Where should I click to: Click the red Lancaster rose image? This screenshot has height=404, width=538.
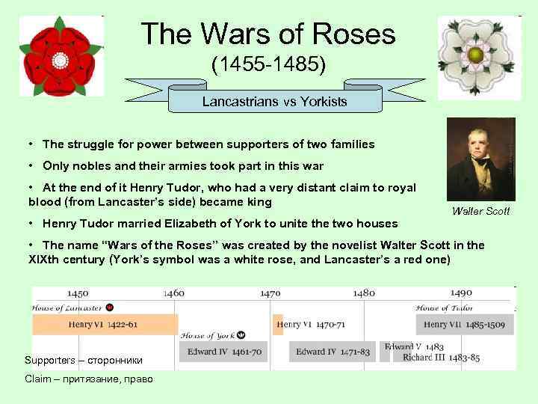click(x=60, y=58)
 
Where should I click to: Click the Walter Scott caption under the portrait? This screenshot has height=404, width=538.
click(x=480, y=211)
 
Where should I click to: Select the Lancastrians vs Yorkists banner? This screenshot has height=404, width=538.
click(x=274, y=101)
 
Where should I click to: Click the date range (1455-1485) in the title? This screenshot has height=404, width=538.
click(x=268, y=64)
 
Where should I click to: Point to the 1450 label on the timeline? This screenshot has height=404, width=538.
click(x=78, y=293)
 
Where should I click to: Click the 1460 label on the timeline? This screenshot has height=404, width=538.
click(x=174, y=293)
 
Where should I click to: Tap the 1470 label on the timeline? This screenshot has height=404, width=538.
click(x=270, y=293)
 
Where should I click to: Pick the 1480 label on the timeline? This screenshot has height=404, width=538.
click(x=365, y=293)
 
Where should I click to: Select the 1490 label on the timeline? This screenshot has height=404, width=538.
click(x=460, y=293)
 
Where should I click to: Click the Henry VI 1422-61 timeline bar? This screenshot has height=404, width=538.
click(x=105, y=324)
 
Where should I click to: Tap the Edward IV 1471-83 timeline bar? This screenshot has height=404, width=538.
click(x=333, y=352)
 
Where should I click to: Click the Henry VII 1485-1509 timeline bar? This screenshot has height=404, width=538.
click(x=465, y=324)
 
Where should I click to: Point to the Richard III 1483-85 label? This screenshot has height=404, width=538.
click(x=441, y=358)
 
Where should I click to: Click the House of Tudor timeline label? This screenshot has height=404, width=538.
click(x=443, y=307)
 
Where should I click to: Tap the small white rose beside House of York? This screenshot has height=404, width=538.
click(x=241, y=335)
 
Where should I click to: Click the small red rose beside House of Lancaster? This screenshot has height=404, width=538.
click(x=110, y=307)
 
